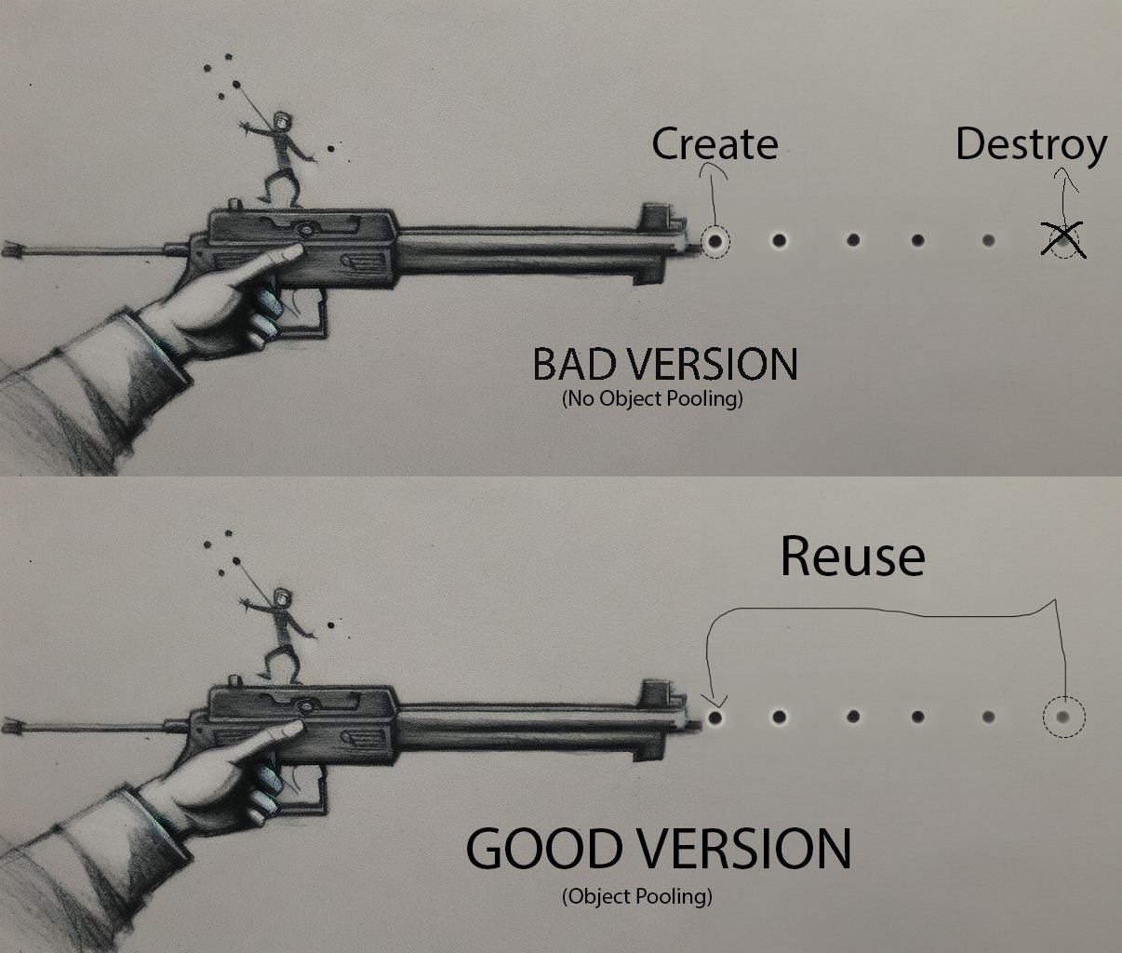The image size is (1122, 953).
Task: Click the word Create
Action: [x=714, y=144]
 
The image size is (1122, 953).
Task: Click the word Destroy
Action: [x=1031, y=145]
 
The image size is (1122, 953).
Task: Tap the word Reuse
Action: [x=852, y=556]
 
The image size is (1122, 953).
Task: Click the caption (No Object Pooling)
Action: [x=652, y=399]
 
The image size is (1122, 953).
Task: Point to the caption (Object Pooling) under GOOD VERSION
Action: [x=637, y=896]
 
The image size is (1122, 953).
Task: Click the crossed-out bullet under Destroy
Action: [x=1063, y=240]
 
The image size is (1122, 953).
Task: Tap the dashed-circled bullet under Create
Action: [x=715, y=241]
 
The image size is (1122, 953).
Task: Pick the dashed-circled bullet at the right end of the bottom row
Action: [x=1063, y=718]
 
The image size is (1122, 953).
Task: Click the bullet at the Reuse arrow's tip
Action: [x=715, y=718]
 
